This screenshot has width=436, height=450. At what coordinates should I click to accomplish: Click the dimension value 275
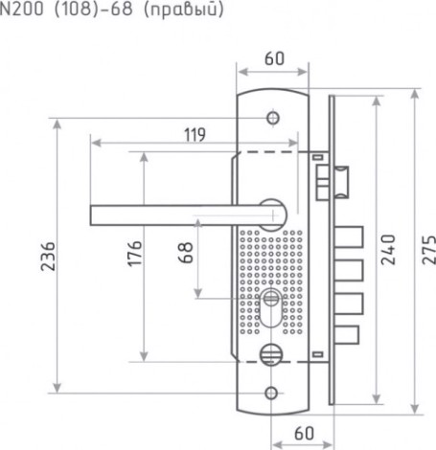(x=429, y=250)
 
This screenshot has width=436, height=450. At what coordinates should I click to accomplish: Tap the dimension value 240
(x=388, y=250)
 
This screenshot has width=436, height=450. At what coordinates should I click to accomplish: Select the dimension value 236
(x=48, y=257)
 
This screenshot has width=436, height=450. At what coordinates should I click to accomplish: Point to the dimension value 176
(x=134, y=254)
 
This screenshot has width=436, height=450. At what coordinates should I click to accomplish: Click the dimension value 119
(x=195, y=135)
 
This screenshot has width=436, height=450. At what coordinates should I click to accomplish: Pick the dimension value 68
(x=186, y=253)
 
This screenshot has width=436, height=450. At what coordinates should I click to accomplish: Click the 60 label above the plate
(x=274, y=58)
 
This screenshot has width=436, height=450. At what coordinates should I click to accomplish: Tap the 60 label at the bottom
(x=304, y=434)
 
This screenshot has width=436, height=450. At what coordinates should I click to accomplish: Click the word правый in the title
(x=183, y=10)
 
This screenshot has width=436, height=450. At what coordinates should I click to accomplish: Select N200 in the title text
(x=22, y=9)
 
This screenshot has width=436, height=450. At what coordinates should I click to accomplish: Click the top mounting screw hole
(x=273, y=118)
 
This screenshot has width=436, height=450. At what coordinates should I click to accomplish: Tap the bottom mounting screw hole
(x=271, y=393)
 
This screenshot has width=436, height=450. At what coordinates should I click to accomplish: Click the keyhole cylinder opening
(x=271, y=307)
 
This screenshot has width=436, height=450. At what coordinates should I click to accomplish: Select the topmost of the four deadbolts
(x=349, y=236)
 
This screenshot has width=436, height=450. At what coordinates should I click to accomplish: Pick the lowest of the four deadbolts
(x=347, y=334)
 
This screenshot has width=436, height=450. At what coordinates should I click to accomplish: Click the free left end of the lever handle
(x=91, y=215)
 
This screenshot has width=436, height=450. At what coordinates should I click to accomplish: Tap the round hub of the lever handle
(x=272, y=214)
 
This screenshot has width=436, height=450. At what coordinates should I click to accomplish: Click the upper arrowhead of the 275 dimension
(x=415, y=95)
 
